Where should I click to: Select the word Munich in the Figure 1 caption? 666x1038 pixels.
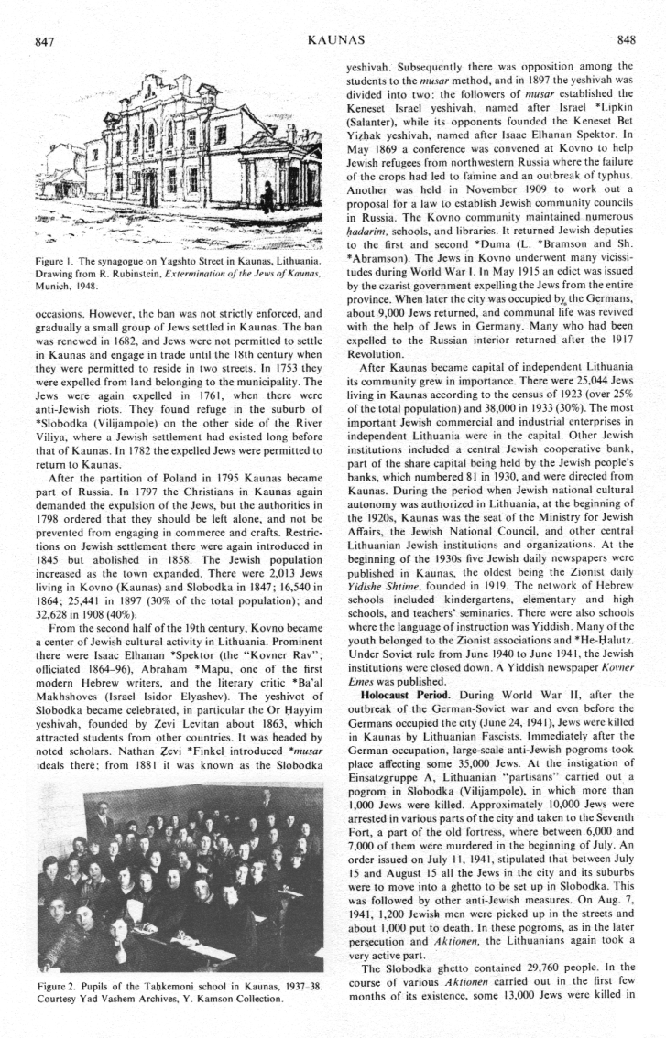click(x=56, y=287)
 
